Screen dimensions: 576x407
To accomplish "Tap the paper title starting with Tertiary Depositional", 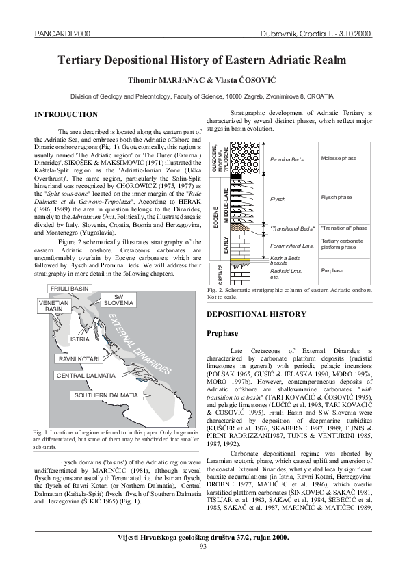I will point(203,61).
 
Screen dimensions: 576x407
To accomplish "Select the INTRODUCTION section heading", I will point(66,114).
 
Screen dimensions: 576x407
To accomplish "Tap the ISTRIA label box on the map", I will point(80,339).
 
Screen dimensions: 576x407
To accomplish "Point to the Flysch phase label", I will point(336,197).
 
